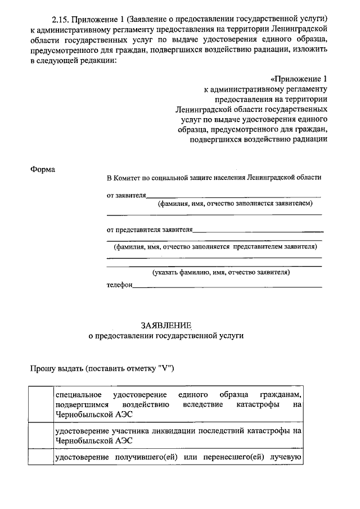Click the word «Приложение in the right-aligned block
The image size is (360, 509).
coord(299,78)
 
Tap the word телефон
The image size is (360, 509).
coord(119,285)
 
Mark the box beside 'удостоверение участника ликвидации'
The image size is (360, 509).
coord(41,435)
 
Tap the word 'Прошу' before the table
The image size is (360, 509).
coord(42,368)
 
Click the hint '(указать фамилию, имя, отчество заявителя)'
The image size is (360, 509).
coord(221,272)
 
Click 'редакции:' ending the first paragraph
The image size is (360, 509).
coord(98,61)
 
